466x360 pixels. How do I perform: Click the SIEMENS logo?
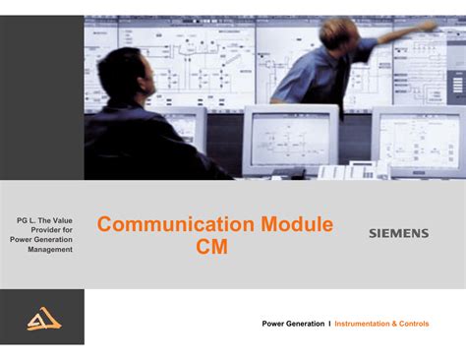398,234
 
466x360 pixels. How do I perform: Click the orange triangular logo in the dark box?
43,319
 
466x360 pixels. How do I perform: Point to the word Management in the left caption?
50,250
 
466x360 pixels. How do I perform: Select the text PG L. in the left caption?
30,217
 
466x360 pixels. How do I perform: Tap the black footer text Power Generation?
293,324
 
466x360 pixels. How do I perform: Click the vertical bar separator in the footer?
329,324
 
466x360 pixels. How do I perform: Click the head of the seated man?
126,75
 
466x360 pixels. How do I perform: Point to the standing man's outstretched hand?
429,26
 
